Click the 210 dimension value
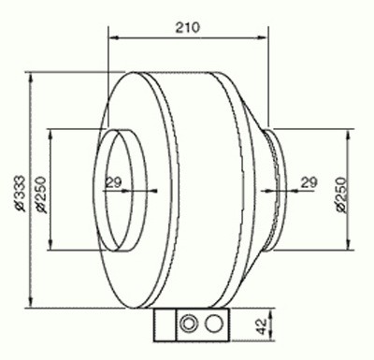pos(188,28)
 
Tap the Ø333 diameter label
pos(21,194)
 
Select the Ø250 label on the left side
pos(41,194)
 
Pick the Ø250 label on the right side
pos(341,194)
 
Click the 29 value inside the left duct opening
pos(113,182)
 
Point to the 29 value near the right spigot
pos(309,182)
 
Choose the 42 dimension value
pos(263,326)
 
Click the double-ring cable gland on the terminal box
pos(188,324)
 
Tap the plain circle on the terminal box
pos(214,324)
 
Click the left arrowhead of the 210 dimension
pos(113,37)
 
